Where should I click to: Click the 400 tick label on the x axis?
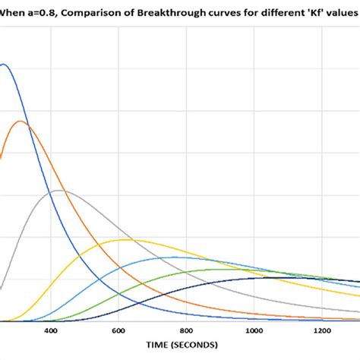click(x=51, y=331)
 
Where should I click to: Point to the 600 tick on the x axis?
click(x=118, y=331)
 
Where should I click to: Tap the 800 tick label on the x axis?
click(x=185, y=331)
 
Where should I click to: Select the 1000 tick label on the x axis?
click(x=252, y=331)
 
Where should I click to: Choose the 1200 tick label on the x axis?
click(x=320, y=331)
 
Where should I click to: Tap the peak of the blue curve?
click(x=5, y=64)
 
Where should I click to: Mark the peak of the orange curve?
click(x=21, y=121)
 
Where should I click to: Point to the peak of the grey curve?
click(x=58, y=190)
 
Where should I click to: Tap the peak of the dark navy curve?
click(x=270, y=277)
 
